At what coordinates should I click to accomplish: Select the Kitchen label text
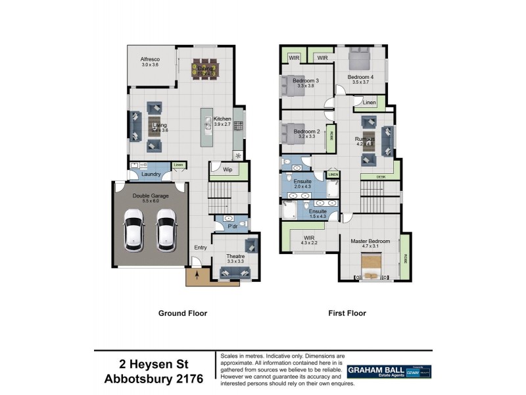222,119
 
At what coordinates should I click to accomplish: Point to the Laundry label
150,174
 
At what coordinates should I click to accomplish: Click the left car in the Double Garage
135,230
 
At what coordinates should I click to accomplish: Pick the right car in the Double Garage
166,230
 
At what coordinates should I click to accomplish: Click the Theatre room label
235,256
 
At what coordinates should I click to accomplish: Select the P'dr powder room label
231,227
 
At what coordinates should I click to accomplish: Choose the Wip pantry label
228,169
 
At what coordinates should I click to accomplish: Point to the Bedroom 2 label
306,132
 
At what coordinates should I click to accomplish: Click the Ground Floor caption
183,313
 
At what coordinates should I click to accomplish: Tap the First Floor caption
347,313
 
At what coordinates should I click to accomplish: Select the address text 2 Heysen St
154,364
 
